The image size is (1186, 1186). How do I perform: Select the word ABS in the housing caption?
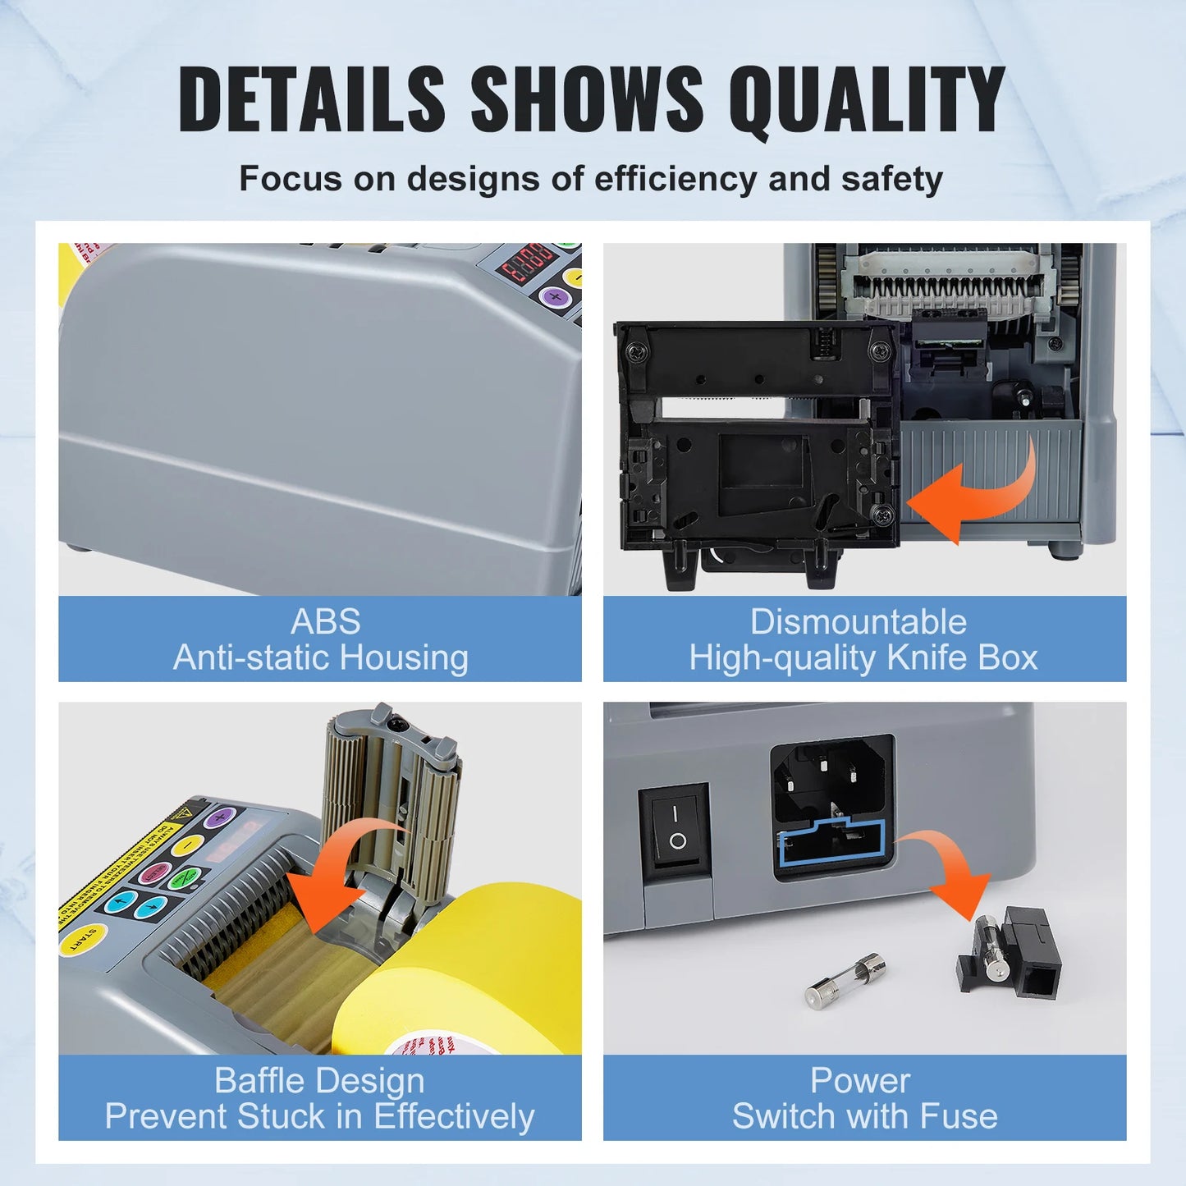tap(325, 621)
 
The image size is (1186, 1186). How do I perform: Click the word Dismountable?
tap(859, 621)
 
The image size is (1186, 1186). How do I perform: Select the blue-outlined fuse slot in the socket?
tap(832, 845)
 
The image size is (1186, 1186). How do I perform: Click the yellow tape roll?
tap(460, 968)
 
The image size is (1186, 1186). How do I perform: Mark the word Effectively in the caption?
tap(453, 1116)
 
